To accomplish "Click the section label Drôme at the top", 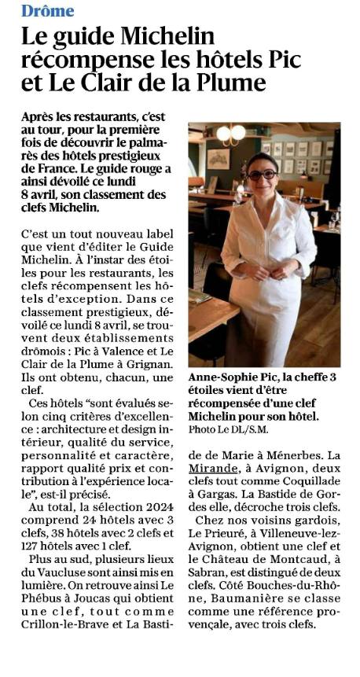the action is click(x=48, y=11).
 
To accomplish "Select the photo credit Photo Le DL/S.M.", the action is click(x=225, y=429).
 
